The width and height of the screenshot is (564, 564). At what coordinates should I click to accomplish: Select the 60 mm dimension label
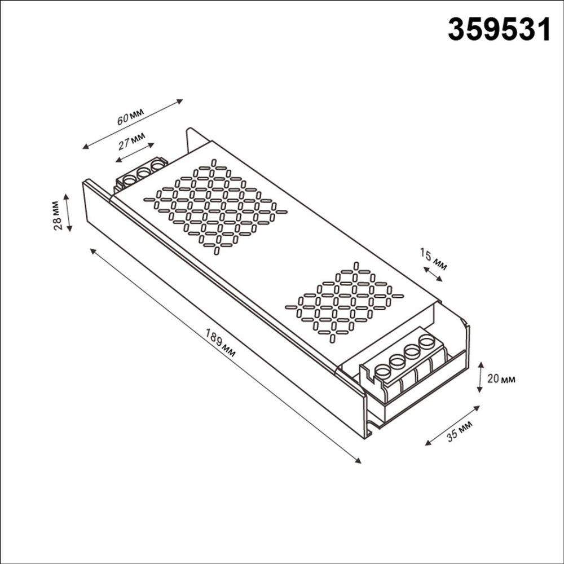[x=130, y=118]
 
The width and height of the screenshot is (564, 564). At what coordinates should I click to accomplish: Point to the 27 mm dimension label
[x=131, y=141]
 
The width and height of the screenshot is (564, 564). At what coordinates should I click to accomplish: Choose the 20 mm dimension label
[x=501, y=379]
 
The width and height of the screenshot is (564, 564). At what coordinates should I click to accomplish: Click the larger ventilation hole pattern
[x=215, y=206]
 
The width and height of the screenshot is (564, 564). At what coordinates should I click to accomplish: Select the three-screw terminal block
[x=142, y=174]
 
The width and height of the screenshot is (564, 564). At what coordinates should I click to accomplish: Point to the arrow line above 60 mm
[x=133, y=125]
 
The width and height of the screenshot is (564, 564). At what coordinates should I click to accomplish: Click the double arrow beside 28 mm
[x=68, y=213]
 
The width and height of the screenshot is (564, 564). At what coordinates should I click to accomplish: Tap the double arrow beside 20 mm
[x=480, y=377]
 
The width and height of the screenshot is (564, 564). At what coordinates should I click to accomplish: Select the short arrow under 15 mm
[x=433, y=274]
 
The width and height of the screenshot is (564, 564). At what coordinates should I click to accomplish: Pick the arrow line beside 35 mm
[x=452, y=425]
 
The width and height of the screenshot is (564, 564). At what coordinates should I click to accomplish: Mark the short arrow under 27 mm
[x=136, y=153]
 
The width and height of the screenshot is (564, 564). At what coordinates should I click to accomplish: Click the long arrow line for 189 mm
[x=226, y=355]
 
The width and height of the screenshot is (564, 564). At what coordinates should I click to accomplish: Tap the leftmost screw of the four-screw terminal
[x=383, y=371]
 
